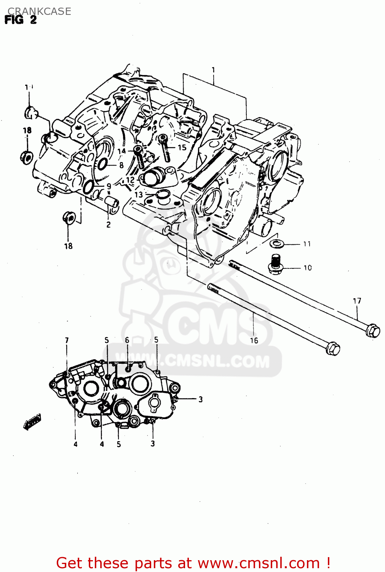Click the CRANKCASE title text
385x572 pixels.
coord(39,11)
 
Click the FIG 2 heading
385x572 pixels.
coord(21,20)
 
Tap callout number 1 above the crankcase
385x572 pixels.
coord(213,70)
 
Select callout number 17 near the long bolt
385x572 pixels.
coord(357,301)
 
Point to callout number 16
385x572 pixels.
coord(254,341)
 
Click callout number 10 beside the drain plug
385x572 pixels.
coord(307,268)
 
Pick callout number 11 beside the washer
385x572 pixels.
coord(307,244)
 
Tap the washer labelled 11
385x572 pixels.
coord(276,243)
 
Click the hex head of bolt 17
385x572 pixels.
coord(373,331)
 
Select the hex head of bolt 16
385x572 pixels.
coord(333,349)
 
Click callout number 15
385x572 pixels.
coord(182,147)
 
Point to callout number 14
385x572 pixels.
coord(121,151)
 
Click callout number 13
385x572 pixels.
coord(139,194)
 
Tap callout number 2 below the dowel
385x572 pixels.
coord(109,225)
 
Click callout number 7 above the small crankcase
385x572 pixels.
coord(67,340)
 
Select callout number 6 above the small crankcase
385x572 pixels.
coord(127,340)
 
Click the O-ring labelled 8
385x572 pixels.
coord(102,164)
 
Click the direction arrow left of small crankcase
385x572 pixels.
coord(32,421)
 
